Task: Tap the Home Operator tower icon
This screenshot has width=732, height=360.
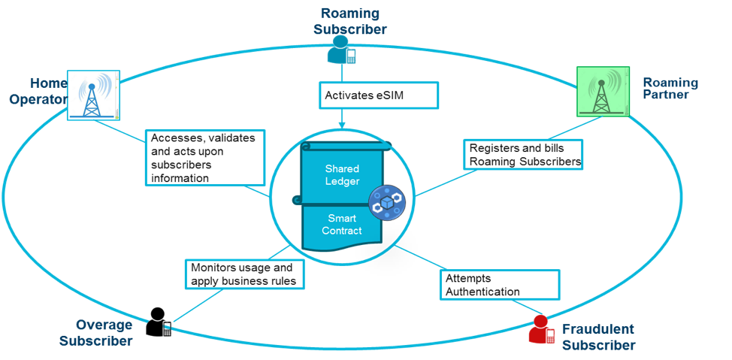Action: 93,95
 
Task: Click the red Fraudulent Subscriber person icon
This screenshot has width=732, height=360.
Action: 541,330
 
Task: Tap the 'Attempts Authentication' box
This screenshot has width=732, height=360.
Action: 499,284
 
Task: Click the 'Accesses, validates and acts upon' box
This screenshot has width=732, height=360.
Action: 205,158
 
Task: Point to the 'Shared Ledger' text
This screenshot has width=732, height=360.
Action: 342,175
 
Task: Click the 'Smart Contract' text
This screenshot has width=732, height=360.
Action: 342,224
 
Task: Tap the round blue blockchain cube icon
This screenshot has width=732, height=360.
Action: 386,204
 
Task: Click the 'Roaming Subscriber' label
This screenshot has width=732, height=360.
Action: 350,21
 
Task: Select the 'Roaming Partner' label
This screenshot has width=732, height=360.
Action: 670,89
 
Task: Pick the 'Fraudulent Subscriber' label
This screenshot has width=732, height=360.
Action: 598,337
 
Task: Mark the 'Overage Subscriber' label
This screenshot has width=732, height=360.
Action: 104,332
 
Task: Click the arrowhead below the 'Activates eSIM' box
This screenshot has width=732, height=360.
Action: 342,124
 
